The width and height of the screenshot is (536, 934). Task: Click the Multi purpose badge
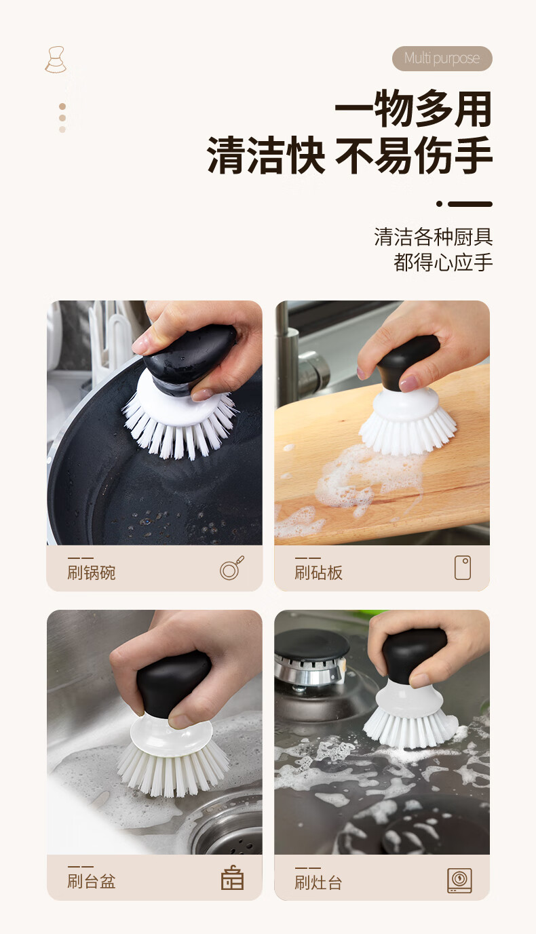click(442, 58)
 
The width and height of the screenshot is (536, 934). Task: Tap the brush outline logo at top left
click(56, 60)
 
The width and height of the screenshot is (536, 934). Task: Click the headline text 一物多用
click(413, 109)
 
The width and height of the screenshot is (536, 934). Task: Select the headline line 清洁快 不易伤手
click(349, 155)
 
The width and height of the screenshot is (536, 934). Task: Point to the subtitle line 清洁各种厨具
click(434, 237)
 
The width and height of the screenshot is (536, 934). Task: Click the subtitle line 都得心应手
click(443, 262)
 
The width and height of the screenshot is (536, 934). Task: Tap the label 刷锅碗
click(92, 572)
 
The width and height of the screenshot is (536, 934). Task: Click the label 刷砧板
click(319, 572)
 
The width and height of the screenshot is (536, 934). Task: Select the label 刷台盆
click(92, 882)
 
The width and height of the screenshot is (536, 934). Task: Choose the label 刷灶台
click(319, 882)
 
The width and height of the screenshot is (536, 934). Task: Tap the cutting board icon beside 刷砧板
click(463, 568)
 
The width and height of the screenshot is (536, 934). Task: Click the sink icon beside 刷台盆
click(232, 877)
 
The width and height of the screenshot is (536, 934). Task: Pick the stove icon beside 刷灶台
click(459, 880)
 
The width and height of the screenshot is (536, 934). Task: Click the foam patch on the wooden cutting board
click(367, 480)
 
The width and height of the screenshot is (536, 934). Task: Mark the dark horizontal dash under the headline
click(470, 204)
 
